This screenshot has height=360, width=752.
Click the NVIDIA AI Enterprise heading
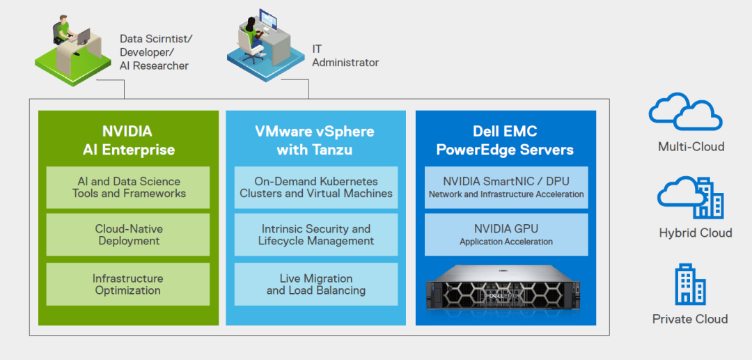point(128,140)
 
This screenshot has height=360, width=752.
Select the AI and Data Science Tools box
point(128,187)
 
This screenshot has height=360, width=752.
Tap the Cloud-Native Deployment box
point(128,235)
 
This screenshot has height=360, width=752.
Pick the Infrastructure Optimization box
point(128,284)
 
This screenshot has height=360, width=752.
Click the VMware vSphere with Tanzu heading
point(315,140)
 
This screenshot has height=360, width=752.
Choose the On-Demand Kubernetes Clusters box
point(316,187)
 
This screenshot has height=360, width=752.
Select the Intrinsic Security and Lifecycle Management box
point(316,235)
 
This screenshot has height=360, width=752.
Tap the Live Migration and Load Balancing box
point(316,284)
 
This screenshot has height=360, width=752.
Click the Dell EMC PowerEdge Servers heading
point(506,140)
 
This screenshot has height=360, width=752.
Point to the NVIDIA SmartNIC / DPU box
point(506,187)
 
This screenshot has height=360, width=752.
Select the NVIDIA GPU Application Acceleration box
point(506,235)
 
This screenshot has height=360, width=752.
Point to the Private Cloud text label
point(690,319)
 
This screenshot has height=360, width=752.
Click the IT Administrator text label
point(345,56)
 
